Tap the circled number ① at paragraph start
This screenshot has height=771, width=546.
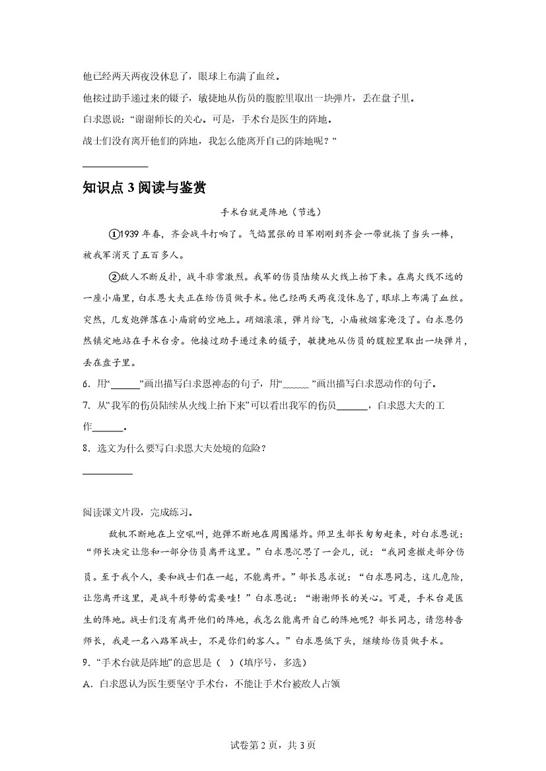click(114, 234)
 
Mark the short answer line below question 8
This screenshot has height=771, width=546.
click(108, 474)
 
